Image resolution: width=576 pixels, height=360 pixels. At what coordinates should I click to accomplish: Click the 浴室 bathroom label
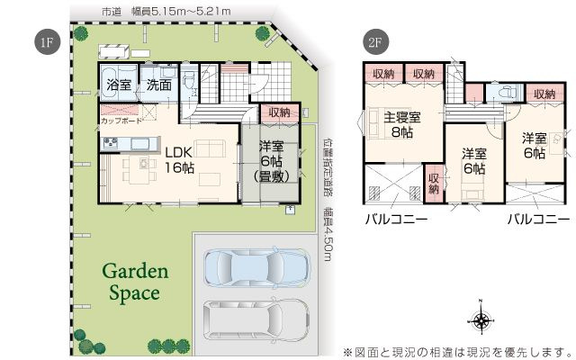point(119,85)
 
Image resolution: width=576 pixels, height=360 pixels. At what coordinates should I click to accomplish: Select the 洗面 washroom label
point(159,85)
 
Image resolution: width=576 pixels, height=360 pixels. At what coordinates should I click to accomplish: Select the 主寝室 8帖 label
point(402,124)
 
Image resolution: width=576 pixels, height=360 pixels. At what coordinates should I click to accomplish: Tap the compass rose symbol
point(482,319)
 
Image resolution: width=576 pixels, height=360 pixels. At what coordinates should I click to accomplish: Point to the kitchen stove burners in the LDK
point(110,143)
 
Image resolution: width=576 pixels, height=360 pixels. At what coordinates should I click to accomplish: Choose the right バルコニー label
point(537,219)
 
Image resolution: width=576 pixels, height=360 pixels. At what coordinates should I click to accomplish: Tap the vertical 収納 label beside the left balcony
point(434,183)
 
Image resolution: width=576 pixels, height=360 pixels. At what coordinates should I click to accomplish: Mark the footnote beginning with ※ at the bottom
point(457,350)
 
